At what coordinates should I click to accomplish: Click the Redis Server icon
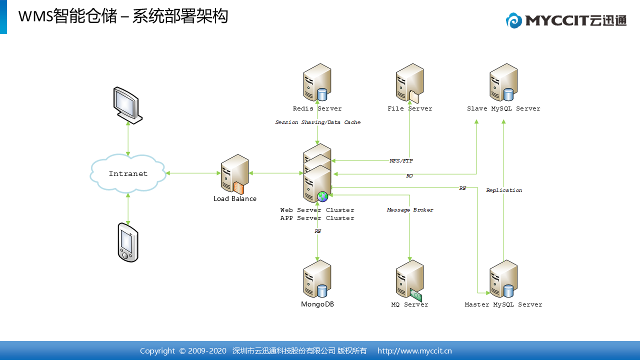click(x=317, y=82)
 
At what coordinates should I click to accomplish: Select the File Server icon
click(x=409, y=83)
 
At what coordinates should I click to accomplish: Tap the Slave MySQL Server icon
click(x=503, y=82)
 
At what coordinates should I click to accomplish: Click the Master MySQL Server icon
click(x=503, y=278)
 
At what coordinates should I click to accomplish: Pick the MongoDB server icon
click(x=317, y=278)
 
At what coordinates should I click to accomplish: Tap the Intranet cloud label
click(x=128, y=173)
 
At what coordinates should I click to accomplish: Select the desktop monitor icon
click(x=127, y=105)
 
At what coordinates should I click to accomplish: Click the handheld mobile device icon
click(x=128, y=242)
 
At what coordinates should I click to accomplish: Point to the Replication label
click(x=504, y=190)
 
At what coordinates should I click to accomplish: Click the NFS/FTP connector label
click(x=401, y=161)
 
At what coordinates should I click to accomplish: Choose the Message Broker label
click(x=410, y=209)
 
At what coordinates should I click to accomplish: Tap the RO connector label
click(x=409, y=175)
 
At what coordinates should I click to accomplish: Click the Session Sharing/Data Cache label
click(x=317, y=122)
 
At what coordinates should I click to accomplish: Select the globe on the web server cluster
click(x=322, y=196)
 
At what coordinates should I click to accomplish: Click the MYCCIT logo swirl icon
click(x=513, y=20)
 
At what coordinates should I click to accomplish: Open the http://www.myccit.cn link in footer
click(x=414, y=351)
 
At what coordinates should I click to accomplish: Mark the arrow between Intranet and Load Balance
click(x=193, y=173)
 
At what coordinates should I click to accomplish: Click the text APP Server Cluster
click(x=317, y=218)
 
